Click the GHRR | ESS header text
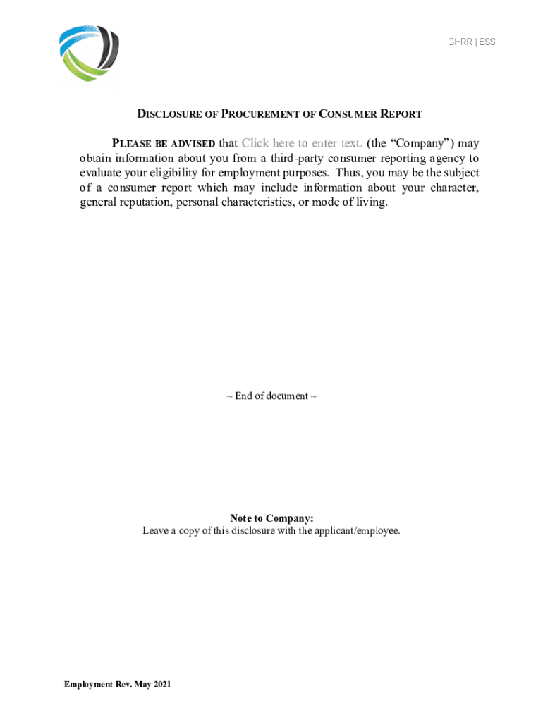click(471, 42)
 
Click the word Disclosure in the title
click(166, 114)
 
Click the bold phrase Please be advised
click(164, 144)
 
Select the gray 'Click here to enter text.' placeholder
click(302, 143)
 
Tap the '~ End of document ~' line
click(271, 396)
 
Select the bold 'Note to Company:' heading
click(271, 518)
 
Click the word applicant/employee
click(359, 531)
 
